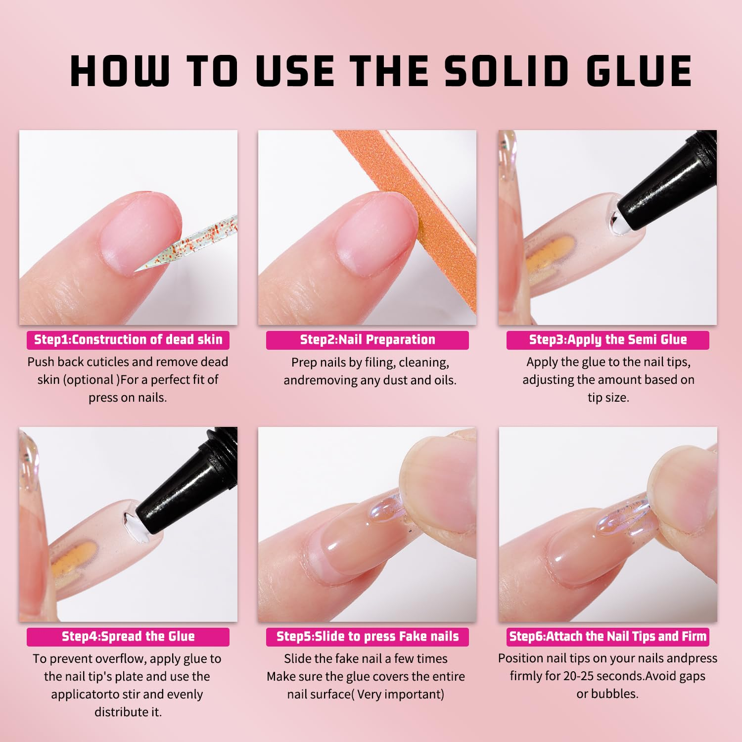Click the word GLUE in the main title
tap(639, 71)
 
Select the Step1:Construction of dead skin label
tap(128, 340)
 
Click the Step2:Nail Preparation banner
tap(368, 340)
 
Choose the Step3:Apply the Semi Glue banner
tap(608, 340)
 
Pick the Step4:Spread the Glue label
tap(128, 637)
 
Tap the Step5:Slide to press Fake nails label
tap(368, 637)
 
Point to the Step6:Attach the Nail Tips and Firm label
tap(608, 637)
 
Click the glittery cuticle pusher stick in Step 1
tap(198, 242)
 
